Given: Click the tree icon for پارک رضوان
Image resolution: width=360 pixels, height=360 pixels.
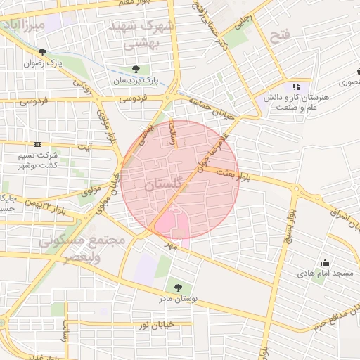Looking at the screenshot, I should (44, 52).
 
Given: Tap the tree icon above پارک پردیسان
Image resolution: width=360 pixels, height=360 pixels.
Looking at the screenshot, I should (136, 69).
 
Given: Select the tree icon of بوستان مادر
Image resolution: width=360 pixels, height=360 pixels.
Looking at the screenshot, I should (176, 287).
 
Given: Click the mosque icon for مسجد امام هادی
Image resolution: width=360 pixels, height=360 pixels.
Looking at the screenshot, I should (324, 262).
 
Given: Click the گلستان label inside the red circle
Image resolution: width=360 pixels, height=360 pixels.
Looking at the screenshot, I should (162, 186).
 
